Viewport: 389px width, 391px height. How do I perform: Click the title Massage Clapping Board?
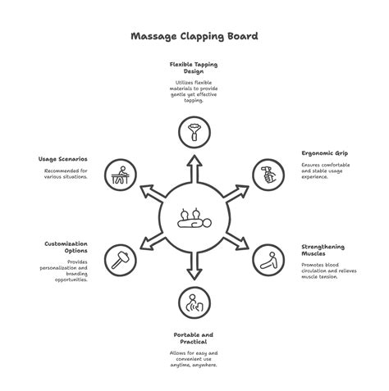(194, 36)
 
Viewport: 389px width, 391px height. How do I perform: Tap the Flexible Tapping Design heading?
(194, 67)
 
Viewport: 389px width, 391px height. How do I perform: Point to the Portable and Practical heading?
(194, 338)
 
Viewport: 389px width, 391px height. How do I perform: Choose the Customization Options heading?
(66, 247)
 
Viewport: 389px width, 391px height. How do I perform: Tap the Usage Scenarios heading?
(63, 159)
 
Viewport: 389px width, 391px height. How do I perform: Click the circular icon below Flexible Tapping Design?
(194, 130)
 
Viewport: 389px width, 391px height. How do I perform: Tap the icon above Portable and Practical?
(194, 302)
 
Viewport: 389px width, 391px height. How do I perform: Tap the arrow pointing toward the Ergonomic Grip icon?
(238, 192)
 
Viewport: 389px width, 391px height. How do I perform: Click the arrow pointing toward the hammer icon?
(150, 243)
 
